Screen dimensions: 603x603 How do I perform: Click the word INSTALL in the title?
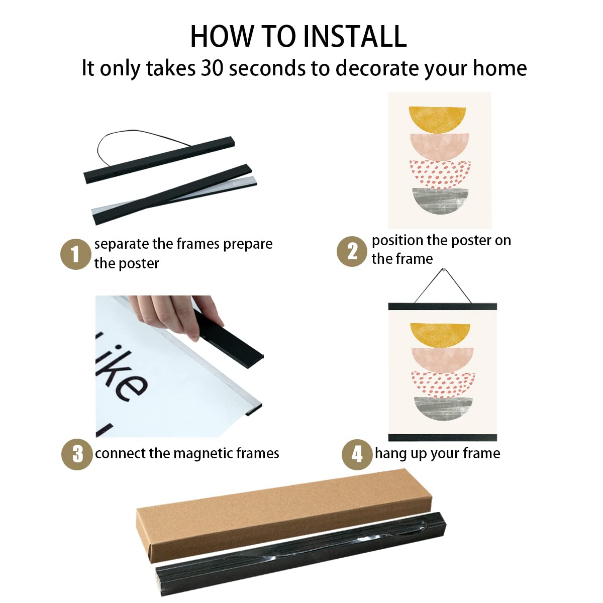click(355, 36)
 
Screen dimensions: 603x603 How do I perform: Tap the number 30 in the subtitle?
click(212, 68)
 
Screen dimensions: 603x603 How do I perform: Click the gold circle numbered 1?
click(75, 254)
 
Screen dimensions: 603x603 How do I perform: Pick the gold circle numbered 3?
click(77, 454)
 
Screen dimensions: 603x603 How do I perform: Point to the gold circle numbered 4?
click(357, 454)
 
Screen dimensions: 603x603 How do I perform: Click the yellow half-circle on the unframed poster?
click(437, 120)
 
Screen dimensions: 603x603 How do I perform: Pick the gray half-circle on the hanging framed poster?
click(443, 409)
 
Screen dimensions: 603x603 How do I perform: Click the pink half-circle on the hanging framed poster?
click(443, 360)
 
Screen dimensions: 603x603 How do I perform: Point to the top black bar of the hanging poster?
click(443, 306)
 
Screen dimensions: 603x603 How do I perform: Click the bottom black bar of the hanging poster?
click(443, 437)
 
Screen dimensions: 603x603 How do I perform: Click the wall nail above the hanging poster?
click(443, 269)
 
